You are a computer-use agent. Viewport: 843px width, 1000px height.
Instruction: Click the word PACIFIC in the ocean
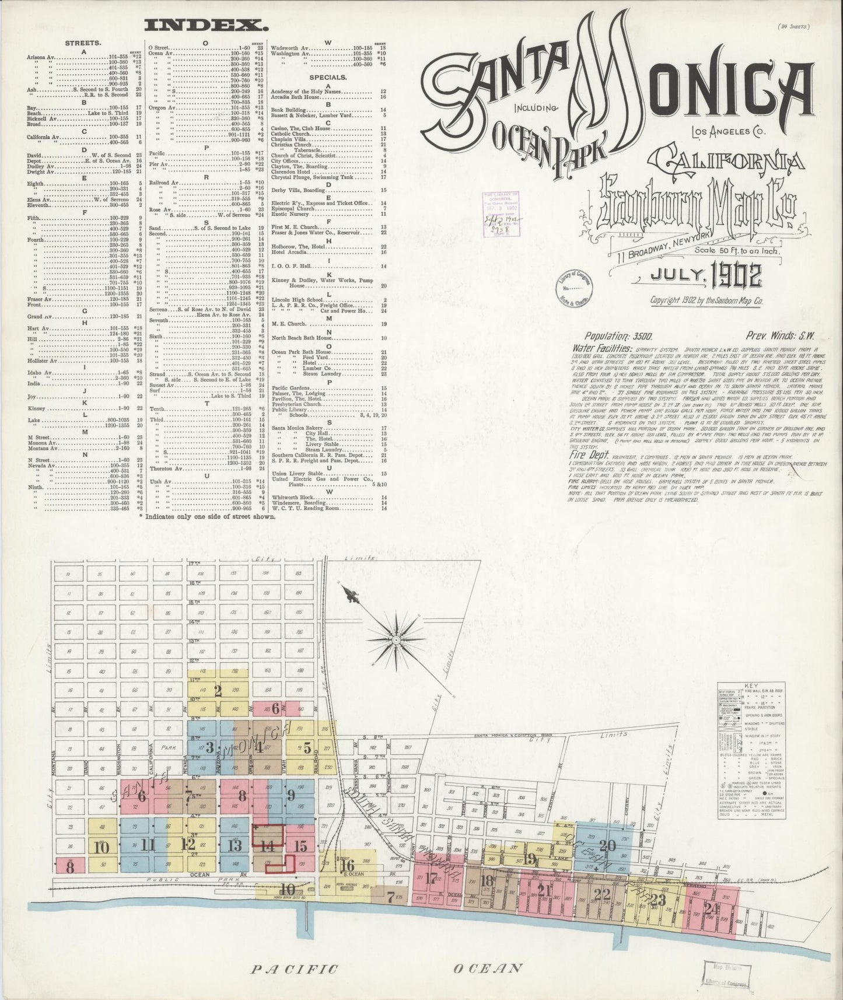(295, 969)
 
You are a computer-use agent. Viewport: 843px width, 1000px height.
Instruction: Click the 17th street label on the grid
(194, 565)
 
